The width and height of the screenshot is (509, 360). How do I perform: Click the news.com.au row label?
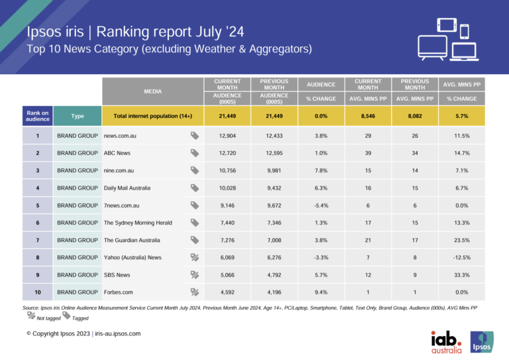(121, 136)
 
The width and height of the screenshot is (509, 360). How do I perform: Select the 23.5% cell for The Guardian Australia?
(462, 239)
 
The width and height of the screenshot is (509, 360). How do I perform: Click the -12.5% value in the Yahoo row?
(462, 257)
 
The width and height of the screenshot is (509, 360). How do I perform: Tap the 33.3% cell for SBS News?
(462, 274)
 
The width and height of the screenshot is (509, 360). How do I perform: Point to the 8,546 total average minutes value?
(368, 116)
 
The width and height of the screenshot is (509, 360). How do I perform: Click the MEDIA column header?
(152, 91)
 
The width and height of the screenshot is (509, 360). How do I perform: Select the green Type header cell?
(78, 116)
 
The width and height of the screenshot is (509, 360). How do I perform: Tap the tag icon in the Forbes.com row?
(195, 291)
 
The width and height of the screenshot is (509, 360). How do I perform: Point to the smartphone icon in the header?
(465, 31)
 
